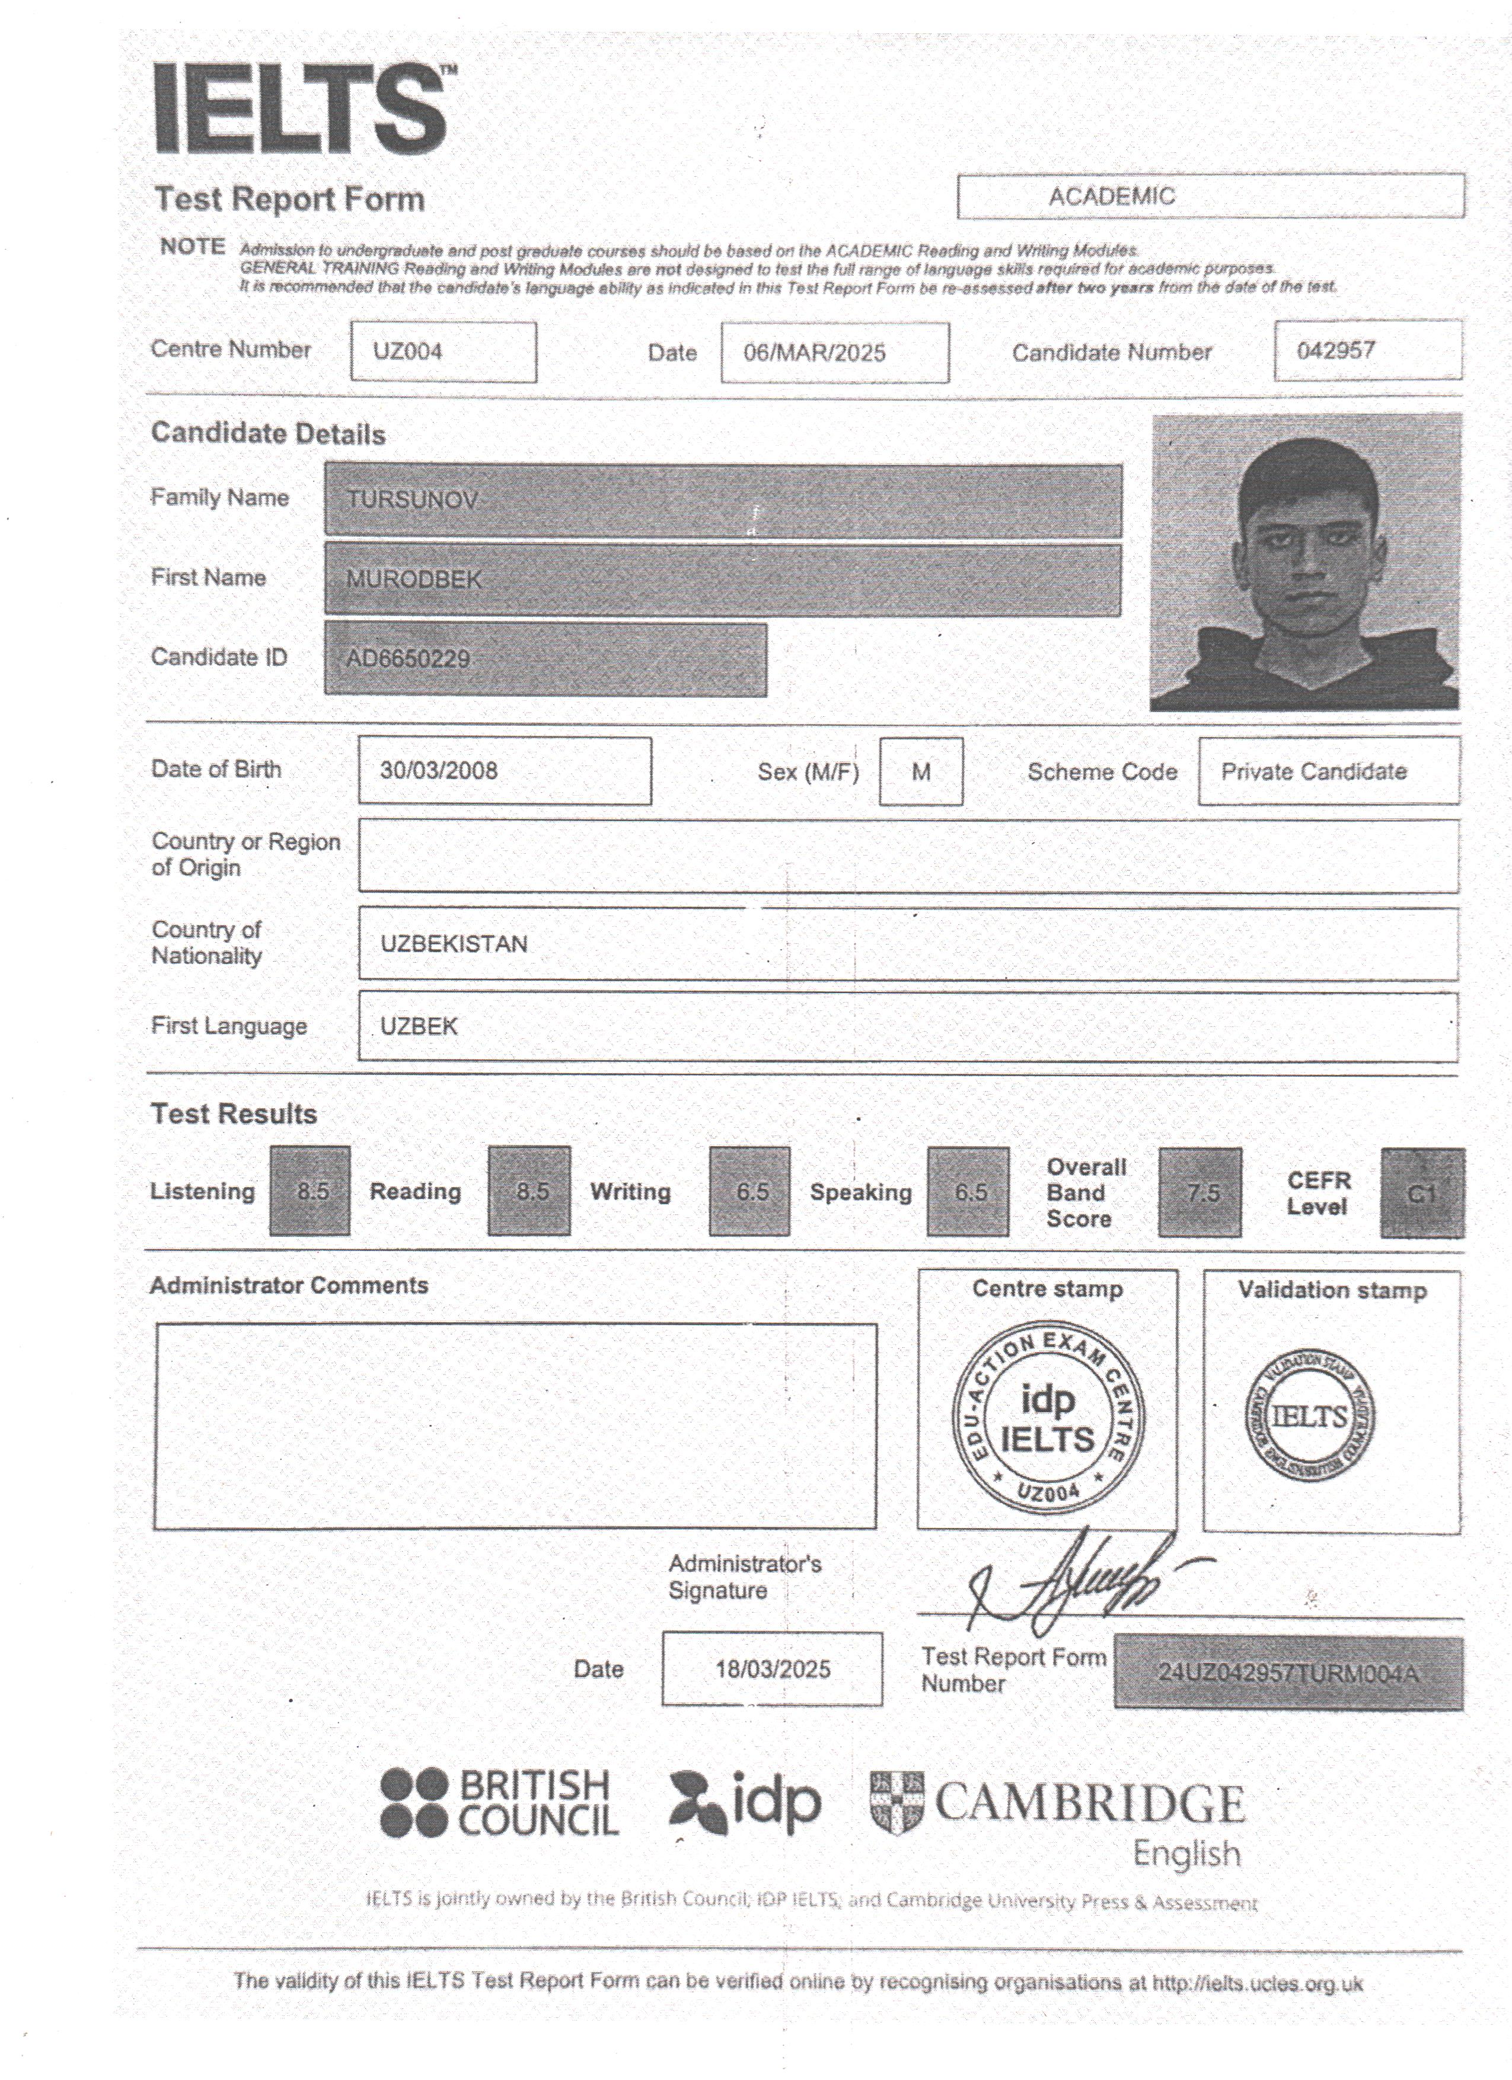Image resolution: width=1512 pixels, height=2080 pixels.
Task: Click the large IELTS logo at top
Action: click(x=302, y=109)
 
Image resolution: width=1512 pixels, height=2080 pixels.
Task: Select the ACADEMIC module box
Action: click(x=1210, y=196)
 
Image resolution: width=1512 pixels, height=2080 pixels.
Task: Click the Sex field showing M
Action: click(x=921, y=772)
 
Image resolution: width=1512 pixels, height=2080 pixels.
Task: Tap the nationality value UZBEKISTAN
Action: click(x=454, y=945)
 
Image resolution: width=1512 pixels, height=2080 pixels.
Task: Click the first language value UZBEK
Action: click(x=419, y=1026)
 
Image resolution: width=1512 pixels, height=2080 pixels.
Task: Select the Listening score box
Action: click(x=310, y=1191)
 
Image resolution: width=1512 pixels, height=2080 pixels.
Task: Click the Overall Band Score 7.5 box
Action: click(x=1200, y=1193)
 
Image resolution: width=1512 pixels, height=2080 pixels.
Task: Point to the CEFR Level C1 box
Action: click(x=1421, y=1193)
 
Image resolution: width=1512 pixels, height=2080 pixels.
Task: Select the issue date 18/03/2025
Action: click(x=772, y=1669)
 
